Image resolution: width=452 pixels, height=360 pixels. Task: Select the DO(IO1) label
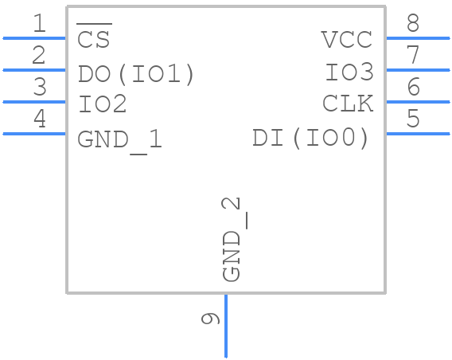(136, 74)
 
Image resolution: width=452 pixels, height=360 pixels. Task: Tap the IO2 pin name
(103, 104)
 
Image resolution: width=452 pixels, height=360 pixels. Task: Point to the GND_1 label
(120, 139)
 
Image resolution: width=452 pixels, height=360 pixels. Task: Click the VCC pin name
(346, 40)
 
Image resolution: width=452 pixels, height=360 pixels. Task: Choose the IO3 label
(349, 72)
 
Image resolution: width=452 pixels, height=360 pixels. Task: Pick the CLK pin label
(348, 104)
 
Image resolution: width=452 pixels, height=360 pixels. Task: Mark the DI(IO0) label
(310, 138)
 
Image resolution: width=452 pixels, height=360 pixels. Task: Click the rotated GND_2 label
(232, 240)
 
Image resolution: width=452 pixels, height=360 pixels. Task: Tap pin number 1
(40, 23)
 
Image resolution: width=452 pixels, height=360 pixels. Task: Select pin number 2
(39, 55)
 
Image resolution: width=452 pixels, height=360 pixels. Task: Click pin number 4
(40, 118)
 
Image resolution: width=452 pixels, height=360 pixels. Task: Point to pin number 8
(413, 23)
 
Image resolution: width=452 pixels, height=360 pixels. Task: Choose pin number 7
(413, 54)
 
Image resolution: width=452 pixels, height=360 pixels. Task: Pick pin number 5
(413, 118)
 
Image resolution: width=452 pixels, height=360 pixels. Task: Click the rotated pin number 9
(210, 319)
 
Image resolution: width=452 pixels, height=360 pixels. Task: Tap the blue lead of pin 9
(226, 326)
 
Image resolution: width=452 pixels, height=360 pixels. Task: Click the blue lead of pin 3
(34, 102)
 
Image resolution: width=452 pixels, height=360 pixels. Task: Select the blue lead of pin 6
(418, 102)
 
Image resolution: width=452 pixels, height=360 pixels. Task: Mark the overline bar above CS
(94, 24)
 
